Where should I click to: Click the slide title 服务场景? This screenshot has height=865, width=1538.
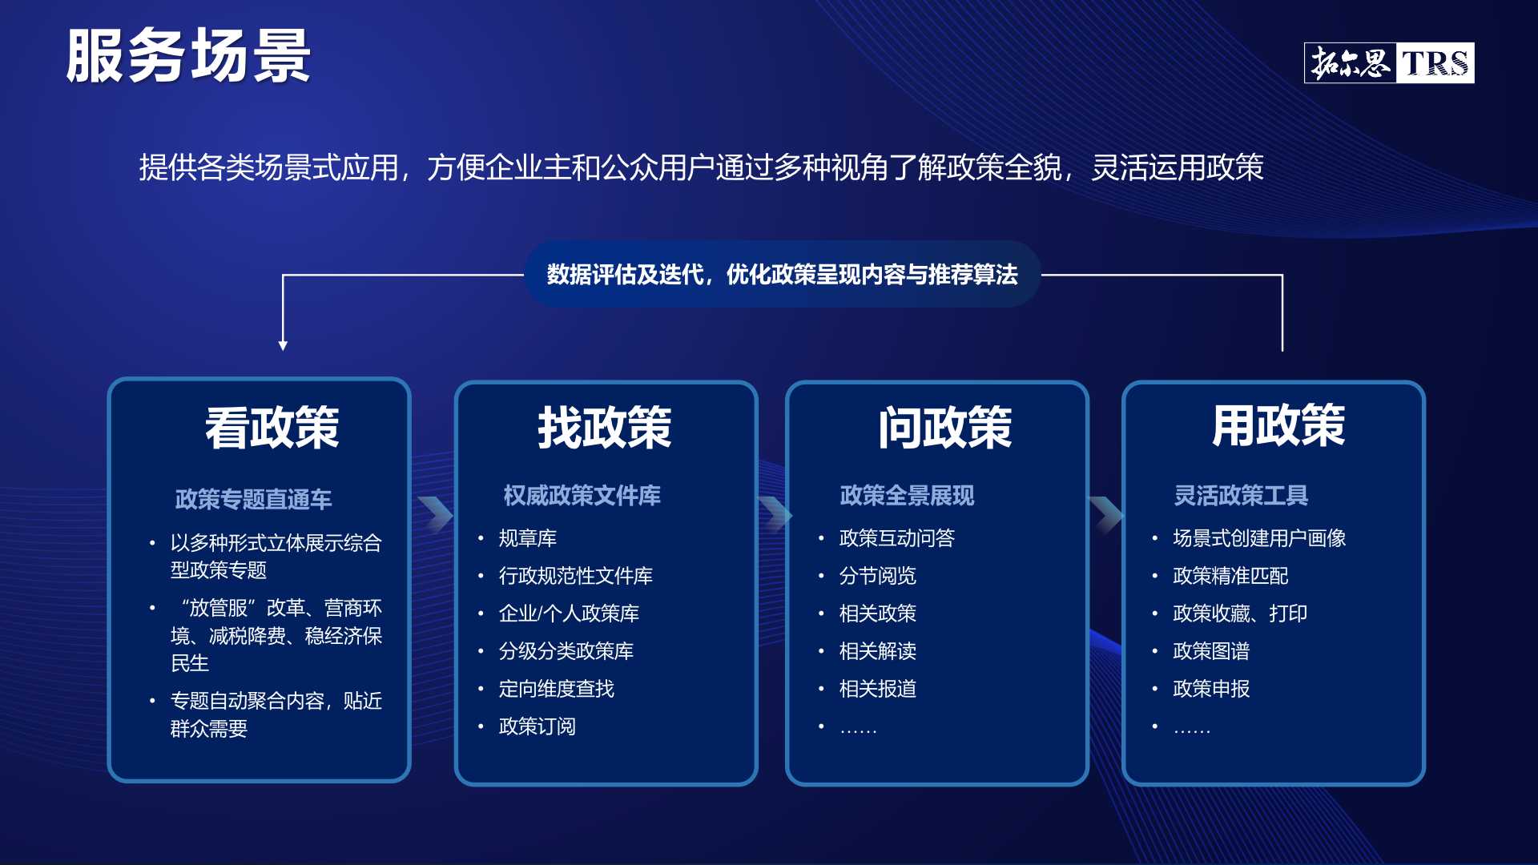pos(188,56)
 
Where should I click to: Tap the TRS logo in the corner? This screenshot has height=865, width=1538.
pos(1389,63)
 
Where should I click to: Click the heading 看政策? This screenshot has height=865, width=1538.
pos(272,428)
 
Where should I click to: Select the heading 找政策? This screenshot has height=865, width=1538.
pos(605,428)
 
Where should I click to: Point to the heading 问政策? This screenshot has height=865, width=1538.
pos(945,428)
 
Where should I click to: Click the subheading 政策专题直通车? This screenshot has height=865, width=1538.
pos(253,499)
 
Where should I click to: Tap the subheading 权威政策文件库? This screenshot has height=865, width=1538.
pos(582,495)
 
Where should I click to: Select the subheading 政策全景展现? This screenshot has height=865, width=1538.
pos(907,495)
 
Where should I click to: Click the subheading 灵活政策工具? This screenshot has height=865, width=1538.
pos(1241,495)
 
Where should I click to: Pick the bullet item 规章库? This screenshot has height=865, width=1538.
pos(527,538)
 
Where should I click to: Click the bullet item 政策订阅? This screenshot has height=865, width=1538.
pos(537,726)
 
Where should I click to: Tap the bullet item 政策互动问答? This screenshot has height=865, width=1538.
pos(896,538)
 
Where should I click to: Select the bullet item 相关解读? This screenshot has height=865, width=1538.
pos(877,651)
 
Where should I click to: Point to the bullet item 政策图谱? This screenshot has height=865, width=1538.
pos(1211,651)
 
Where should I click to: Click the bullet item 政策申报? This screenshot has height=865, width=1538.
pos(1211,689)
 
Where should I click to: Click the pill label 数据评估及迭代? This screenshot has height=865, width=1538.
pos(625,275)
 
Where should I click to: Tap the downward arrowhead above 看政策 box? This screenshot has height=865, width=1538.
pos(283,345)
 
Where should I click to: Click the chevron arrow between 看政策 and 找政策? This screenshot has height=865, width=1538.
pos(436,514)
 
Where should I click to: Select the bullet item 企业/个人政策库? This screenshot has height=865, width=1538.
pos(569,614)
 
